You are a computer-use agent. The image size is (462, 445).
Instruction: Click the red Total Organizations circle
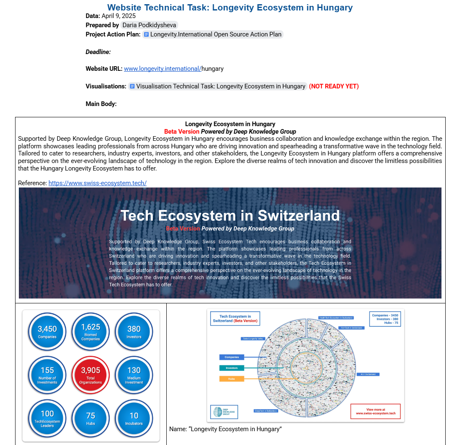pyautogui.click(x=90, y=375)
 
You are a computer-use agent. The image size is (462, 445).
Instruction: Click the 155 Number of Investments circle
pyautogui.click(x=47, y=375)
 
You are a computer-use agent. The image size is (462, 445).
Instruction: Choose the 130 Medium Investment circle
pyautogui.click(x=134, y=375)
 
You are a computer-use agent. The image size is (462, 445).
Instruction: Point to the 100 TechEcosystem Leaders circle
pyautogui.click(x=47, y=418)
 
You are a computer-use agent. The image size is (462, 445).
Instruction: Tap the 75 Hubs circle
pyautogui.click(x=90, y=418)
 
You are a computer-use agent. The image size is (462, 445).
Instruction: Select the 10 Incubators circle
pyautogui.click(x=134, y=418)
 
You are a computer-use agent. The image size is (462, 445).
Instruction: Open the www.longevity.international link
pyautogui.click(x=163, y=69)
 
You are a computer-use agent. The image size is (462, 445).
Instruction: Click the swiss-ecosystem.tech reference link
pyautogui.click(x=97, y=183)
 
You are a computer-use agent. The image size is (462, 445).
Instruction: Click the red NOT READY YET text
pyautogui.click(x=334, y=86)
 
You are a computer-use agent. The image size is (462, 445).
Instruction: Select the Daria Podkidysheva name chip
pyautogui.click(x=150, y=25)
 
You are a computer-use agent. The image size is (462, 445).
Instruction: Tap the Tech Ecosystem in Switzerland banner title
pyautogui.click(x=230, y=215)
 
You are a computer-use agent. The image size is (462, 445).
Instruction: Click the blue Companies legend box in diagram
pyautogui.click(x=231, y=357)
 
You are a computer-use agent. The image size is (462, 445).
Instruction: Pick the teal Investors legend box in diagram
pyautogui.click(x=231, y=368)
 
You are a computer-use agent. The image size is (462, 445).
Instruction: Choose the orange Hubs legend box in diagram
pyautogui.click(x=231, y=378)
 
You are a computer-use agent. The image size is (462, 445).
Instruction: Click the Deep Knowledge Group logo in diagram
pyautogui.click(x=224, y=412)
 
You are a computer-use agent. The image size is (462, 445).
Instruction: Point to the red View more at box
pyautogui.click(x=375, y=411)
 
